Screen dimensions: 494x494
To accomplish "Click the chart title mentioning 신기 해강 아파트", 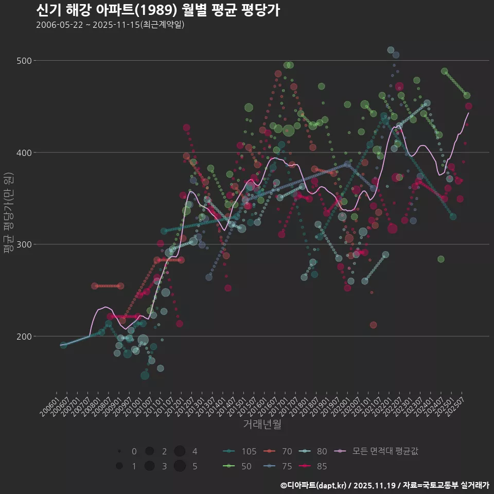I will [158, 10].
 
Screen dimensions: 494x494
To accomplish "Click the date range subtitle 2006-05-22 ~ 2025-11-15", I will [110, 25].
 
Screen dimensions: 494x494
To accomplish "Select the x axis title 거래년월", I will [262, 425].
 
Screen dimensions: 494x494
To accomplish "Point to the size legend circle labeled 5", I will [180, 466].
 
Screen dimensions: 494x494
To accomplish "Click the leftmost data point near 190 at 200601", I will [63, 345].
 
